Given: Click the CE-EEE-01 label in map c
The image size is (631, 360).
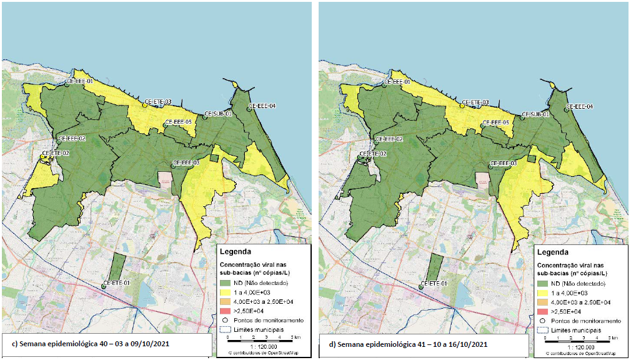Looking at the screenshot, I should tap(80, 81).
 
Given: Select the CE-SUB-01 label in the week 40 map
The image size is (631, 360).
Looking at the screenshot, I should tap(219, 114).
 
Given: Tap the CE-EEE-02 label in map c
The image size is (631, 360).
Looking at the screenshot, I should tap(72, 139).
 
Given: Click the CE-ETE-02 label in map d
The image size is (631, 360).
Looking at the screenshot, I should tap(373, 153).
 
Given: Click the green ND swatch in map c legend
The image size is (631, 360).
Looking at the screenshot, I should tap(226, 283).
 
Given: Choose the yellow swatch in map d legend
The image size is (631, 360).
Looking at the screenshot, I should tap(544, 292).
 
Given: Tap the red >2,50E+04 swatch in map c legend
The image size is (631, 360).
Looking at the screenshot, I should tap(226, 311).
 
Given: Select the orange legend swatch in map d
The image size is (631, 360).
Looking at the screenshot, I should tap(544, 302).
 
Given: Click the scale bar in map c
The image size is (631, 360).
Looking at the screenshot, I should tap(256, 340).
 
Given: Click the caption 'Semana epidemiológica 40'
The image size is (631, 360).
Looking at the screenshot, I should tap(94, 344).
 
